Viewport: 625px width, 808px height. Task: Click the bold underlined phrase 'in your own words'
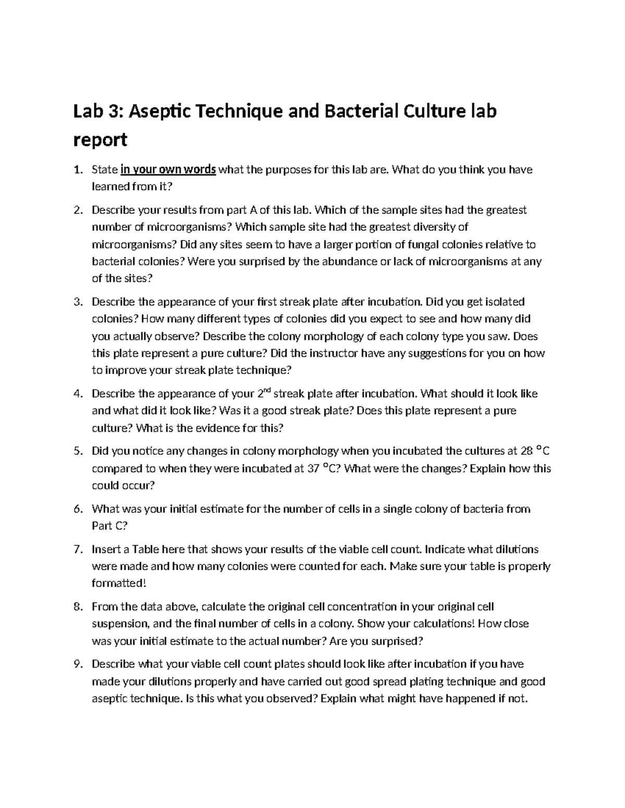[168, 170]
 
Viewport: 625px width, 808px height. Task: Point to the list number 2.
[78, 210]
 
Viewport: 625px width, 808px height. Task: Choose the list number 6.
[78, 509]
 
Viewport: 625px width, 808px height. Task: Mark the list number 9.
[78, 664]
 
